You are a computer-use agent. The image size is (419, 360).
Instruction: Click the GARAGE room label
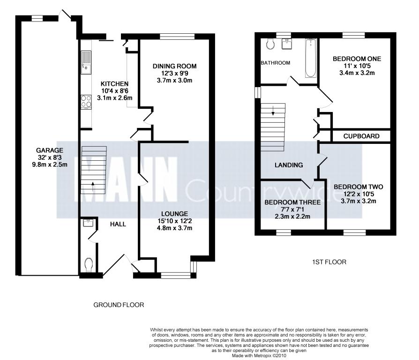coord(50,150)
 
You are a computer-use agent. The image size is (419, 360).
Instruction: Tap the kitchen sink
coord(86,62)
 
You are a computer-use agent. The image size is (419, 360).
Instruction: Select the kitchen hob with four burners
coord(86,102)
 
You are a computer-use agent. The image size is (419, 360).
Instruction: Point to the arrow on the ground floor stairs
coord(93,187)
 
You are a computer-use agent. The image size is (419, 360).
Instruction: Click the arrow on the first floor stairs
coord(273,111)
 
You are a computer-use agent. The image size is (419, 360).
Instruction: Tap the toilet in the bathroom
coord(270,44)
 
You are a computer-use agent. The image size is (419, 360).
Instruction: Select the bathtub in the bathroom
coord(311,58)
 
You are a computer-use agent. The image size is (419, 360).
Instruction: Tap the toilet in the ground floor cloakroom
coord(89,264)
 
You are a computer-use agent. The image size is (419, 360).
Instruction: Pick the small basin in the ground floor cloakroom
coord(88,223)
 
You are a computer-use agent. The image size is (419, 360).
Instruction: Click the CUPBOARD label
coord(361,136)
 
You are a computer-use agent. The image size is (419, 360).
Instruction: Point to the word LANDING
coord(289,165)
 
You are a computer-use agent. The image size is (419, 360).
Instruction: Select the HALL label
coord(118,224)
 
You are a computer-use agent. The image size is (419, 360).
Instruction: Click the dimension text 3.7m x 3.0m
coord(174,80)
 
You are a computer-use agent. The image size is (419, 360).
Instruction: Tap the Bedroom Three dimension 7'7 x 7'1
coord(292,209)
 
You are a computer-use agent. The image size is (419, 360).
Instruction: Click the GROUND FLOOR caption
coord(119,305)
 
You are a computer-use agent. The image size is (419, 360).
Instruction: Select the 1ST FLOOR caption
coord(329,262)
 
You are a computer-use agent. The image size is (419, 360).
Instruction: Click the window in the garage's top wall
coord(37,18)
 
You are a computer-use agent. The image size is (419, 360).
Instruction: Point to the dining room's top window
coord(177,37)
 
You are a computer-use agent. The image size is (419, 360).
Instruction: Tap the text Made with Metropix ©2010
coord(259,356)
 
